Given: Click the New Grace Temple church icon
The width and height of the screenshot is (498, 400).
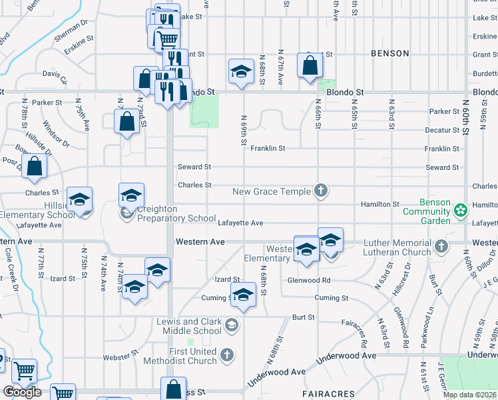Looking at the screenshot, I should tap(321, 191).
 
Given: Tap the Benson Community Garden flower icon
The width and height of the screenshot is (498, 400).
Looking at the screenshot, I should tap(459, 211).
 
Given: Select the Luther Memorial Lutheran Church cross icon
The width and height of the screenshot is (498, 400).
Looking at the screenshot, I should tap(440, 247).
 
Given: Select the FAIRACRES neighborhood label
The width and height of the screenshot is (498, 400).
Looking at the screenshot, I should tap(328, 394).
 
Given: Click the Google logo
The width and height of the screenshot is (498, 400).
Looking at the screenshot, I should tap(22, 392).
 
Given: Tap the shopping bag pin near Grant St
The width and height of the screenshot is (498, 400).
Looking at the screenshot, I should tap(310, 66).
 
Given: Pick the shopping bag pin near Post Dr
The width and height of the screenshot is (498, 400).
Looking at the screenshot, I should tap(35, 167).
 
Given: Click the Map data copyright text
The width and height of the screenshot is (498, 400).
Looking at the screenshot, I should tap(469, 395).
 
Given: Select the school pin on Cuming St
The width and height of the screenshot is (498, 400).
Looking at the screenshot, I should tap(243, 295).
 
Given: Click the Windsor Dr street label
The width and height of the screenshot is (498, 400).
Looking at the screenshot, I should tap(57, 134).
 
